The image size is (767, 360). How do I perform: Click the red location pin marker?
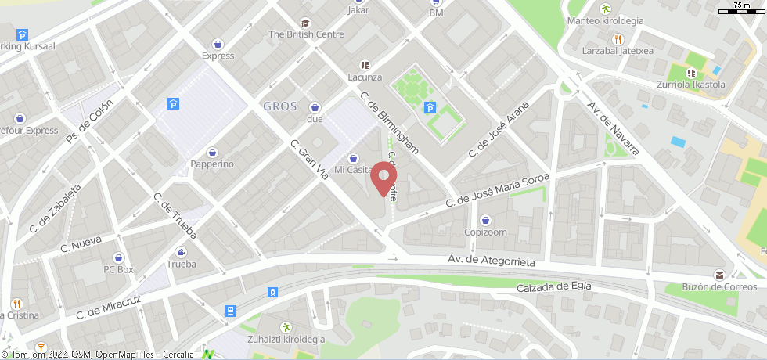[383, 178]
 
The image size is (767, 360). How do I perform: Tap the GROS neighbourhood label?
[280, 106]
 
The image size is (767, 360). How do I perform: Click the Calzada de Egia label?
[553, 287]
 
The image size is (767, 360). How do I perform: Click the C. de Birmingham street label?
[388, 123]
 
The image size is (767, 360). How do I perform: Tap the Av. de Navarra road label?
[614, 128]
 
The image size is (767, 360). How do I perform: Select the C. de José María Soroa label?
[497, 191]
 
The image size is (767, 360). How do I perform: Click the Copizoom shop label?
[485, 232]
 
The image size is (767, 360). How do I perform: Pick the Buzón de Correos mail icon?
[718, 274]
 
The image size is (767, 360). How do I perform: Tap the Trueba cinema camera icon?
[182, 252]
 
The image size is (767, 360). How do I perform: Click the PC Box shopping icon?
[119, 257]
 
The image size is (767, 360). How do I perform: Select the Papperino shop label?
[212, 164]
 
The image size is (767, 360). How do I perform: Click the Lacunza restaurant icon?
[364, 65]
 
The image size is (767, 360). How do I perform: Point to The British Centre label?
[306, 34]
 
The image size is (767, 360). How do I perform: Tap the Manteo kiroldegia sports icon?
[605, 9]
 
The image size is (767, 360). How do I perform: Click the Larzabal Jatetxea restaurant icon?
[618, 38]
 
